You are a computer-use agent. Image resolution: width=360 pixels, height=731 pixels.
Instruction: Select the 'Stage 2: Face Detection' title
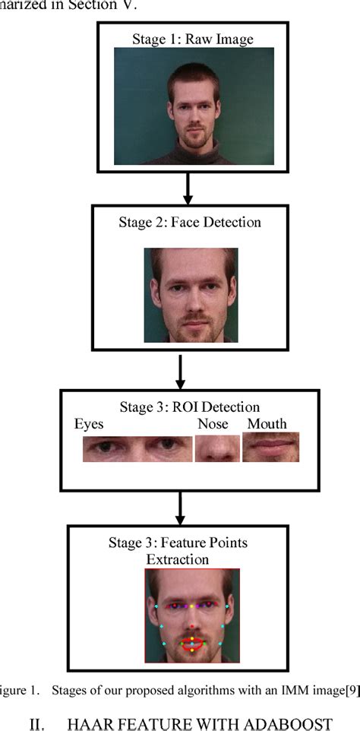189,223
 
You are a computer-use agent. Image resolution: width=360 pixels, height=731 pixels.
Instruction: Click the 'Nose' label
213,424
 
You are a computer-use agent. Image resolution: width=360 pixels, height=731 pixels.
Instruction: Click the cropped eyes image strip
137,448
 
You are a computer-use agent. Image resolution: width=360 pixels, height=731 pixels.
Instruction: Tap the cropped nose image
217,448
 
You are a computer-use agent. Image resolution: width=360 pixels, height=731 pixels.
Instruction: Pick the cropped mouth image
270,448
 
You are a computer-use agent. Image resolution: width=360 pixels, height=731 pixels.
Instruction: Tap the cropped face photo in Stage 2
191,294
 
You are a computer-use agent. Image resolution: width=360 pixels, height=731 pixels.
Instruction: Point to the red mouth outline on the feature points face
192,645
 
